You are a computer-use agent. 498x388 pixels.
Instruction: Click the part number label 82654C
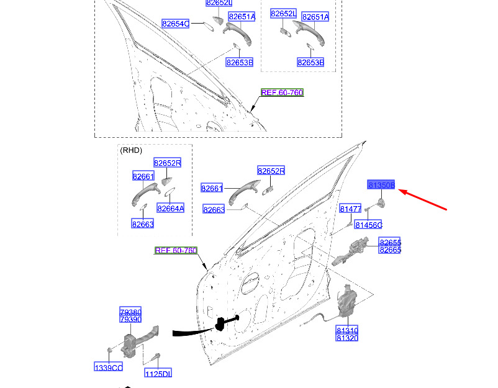tap(175, 24)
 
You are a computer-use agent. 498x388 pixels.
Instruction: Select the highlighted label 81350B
tap(381, 185)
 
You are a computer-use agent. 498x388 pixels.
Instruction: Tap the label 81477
tap(350, 209)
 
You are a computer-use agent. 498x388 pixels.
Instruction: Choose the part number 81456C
tap(368, 224)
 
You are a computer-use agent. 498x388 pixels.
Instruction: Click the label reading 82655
tap(390, 242)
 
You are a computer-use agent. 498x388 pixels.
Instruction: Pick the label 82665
tap(390, 250)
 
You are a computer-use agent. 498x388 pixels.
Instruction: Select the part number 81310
tap(346, 330)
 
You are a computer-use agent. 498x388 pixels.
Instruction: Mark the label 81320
tap(346, 338)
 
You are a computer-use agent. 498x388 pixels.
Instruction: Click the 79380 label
tap(130, 312)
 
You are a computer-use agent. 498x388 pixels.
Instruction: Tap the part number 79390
tap(130, 319)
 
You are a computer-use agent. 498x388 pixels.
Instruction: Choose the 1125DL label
tap(158, 374)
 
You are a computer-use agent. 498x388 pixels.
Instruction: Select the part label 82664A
tap(170, 209)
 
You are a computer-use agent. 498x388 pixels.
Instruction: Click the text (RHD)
tap(130, 150)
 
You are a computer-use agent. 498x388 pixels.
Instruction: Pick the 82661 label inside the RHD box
tap(143, 177)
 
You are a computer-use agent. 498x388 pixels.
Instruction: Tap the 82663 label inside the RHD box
tap(142, 224)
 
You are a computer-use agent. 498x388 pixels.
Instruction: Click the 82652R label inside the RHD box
tap(167, 163)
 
